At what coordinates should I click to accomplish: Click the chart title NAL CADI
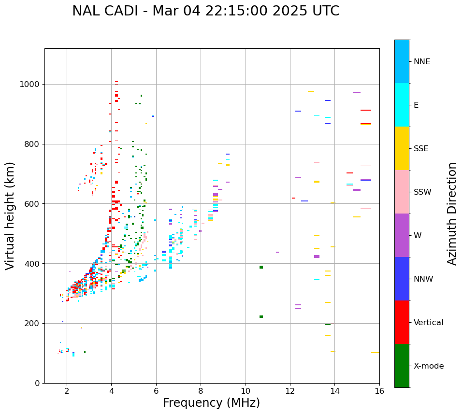pyautogui.click(x=205, y=11)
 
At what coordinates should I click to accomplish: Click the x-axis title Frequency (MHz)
pyautogui.click(x=211, y=403)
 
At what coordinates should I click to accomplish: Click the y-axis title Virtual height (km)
pyautogui.click(x=10, y=215)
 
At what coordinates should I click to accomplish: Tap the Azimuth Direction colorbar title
pyautogui.click(x=452, y=214)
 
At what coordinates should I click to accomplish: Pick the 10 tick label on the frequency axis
pyautogui.click(x=246, y=391)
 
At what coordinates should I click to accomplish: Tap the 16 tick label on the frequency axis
pyautogui.click(x=379, y=391)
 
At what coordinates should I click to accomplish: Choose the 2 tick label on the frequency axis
pyautogui.click(x=67, y=391)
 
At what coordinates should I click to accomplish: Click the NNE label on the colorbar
pyautogui.click(x=421, y=62)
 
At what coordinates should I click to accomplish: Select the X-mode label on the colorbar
pyautogui.click(x=428, y=366)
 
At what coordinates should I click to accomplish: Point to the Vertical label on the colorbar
pyautogui.click(x=428, y=323)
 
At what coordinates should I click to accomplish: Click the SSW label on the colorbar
pyautogui.click(x=422, y=192)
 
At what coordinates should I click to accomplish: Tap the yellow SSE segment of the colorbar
pyautogui.click(x=402, y=148)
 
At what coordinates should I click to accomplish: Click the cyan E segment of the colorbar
pyautogui.click(x=402, y=105)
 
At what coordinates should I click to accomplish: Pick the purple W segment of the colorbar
pyautogui.click(x=402, y=235)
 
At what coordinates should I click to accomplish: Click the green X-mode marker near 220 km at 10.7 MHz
pyautogui.click(x=261, y=317)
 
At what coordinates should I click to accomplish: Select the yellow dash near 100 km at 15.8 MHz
pyautogui.click(x=375, y=353)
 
